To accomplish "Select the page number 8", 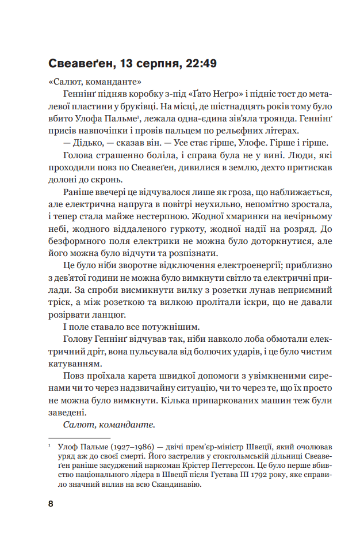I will point(51,503).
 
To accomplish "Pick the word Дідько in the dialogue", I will point(90,143).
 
